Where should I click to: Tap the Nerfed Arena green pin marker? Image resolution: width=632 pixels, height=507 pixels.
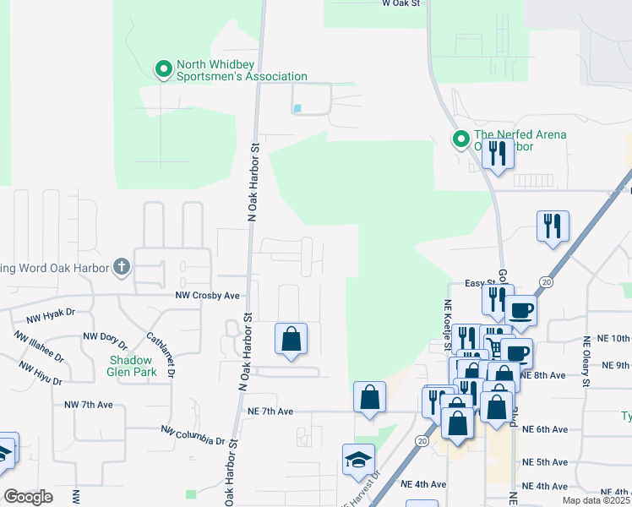(x=461, y=139)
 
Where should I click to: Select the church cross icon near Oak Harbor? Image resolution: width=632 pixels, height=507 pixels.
(x=122, y=268)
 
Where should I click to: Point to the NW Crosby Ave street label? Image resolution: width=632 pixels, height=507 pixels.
(x=208, y=296)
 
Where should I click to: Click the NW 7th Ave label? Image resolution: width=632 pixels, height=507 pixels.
(x=89, y=405)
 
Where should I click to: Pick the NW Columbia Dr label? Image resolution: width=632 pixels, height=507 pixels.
(x=193, y=435)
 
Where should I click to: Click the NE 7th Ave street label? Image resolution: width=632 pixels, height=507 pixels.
(x=270, y=412)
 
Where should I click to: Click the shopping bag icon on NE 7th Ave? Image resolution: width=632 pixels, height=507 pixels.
(x=370, y=397)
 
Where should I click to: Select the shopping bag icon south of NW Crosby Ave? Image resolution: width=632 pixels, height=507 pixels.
(x=291, y=339)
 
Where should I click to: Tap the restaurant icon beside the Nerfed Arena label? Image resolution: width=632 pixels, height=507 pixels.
(x=498, y=154)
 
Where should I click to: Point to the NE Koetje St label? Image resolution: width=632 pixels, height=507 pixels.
(x=448, y=319)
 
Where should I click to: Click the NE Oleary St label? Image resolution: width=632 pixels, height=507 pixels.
(x=586, y=361)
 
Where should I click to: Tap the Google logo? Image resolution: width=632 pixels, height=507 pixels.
(x=28, y=497)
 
